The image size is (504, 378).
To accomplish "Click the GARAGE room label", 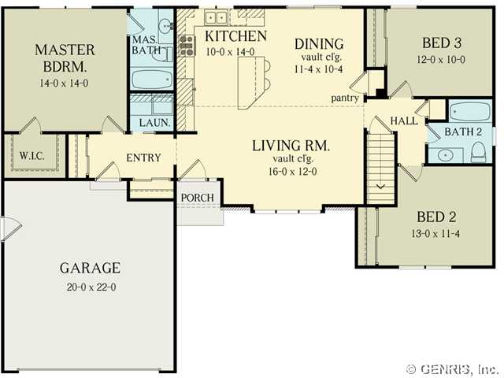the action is [90, 268].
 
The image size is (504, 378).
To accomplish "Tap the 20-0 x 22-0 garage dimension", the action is [91, 287].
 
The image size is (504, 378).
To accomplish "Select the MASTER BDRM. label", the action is [65, 58].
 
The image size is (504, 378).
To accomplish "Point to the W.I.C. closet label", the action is [31, 156].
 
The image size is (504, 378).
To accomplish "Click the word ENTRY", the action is [143, 157].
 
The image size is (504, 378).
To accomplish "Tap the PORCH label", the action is [198, 198].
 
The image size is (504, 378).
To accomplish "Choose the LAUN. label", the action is [154, 123].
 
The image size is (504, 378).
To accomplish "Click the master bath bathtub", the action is [151, 80].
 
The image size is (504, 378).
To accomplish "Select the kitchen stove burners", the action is [187, 46].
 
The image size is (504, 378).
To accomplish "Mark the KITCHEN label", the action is [236, 36].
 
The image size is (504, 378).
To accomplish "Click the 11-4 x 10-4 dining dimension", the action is [318, 69].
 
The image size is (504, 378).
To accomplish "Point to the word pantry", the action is [345, 98].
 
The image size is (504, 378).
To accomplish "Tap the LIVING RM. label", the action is [291, 146].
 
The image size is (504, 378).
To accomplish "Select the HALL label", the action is [404, 121].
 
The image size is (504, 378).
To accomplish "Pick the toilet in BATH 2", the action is [478, 153].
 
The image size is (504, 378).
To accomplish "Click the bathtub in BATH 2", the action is [470, 111].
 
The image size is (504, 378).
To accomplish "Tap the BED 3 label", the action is [441, 43].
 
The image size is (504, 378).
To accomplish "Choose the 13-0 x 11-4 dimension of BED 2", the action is [435, 234].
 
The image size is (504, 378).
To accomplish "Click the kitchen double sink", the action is [216, 17].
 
